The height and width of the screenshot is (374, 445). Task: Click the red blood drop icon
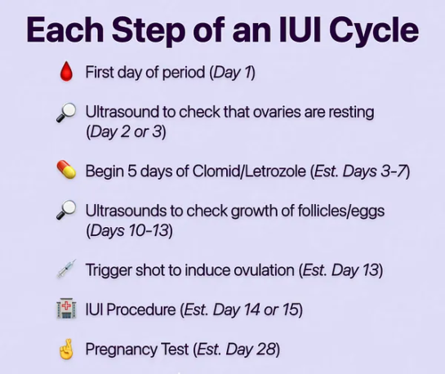coord(66,73)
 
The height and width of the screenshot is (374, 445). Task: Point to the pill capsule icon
coord(66,171)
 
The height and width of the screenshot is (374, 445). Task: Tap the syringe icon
coord(66,269)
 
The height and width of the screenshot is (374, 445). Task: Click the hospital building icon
coord(66,309)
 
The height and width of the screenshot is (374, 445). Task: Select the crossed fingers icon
coord(66,350)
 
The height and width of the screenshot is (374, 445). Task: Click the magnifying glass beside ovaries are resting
coord(66,113)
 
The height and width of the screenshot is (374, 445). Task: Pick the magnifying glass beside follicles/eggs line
coord(66,211)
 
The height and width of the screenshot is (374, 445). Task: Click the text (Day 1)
coord(233,73)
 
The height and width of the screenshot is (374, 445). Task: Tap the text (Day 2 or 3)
coord(126,131)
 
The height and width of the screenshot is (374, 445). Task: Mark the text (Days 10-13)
coord(129,229)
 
